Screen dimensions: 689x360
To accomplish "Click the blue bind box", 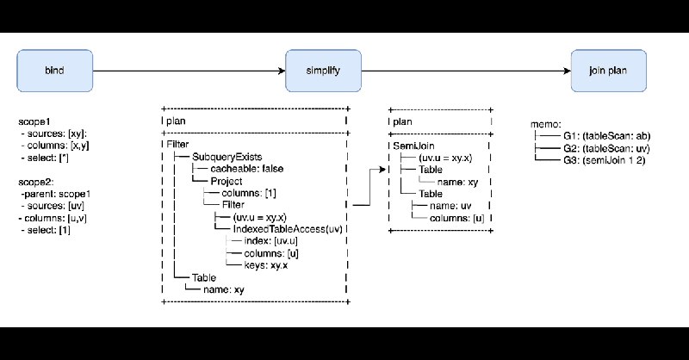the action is pyautogui.click(x=55, y=71).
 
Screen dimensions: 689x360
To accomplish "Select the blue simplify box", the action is pyautogui.click(x=324, y=71).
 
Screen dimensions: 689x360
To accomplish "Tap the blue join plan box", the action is pyautogui.click(x=609, y=71).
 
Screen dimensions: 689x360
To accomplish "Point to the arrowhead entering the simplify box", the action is pyautogui.click(x=282, y=71).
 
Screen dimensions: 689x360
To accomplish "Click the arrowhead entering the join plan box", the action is pyautogui.click(x=568, y=71).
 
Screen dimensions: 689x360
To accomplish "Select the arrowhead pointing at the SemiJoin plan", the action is pyautogui.click(x=382, y=169).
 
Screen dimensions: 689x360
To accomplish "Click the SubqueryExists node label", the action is pyautogui.click(x=227, y=157).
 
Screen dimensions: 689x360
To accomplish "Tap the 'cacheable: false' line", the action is pyautogui.click(x=247, y=169).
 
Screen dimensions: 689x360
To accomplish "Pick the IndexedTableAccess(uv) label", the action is pyautogui.click(x=288, y=229).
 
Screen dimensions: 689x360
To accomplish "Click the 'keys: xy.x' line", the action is pyautogui.click(x=266, y=265).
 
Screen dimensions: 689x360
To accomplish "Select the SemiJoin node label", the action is pyautogui.click(x=413, y=146).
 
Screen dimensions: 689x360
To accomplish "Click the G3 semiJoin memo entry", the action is pyautogui.click(x=605, y=160).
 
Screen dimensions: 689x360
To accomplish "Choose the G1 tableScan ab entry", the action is pyautogui.click(x=607, y=136).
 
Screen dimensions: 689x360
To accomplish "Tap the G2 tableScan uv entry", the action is pyautogui.click(x=606, y=148).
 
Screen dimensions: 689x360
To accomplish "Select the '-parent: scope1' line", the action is pyautogui.click(x=55, y=194).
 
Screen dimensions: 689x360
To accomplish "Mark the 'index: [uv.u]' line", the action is pyautogui.click(x=271, y=241).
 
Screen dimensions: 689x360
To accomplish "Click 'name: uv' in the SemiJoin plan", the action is pyautogui.click(x=450, y=206).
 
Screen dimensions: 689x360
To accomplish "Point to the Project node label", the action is pyautogui.click(x=227, y=181).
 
